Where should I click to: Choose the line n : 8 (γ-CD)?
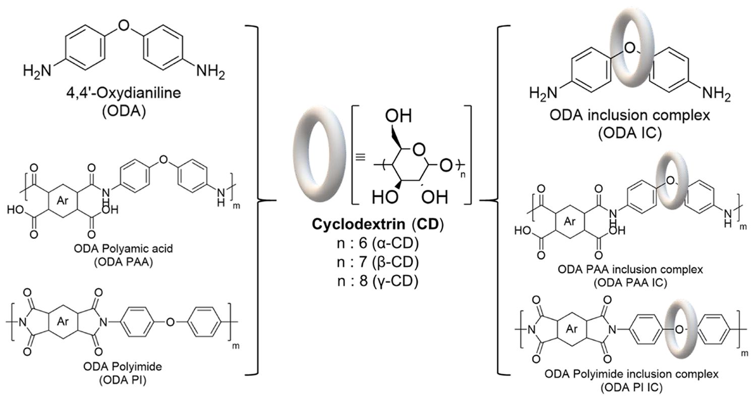pyautogui.click(x=374, y=281)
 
